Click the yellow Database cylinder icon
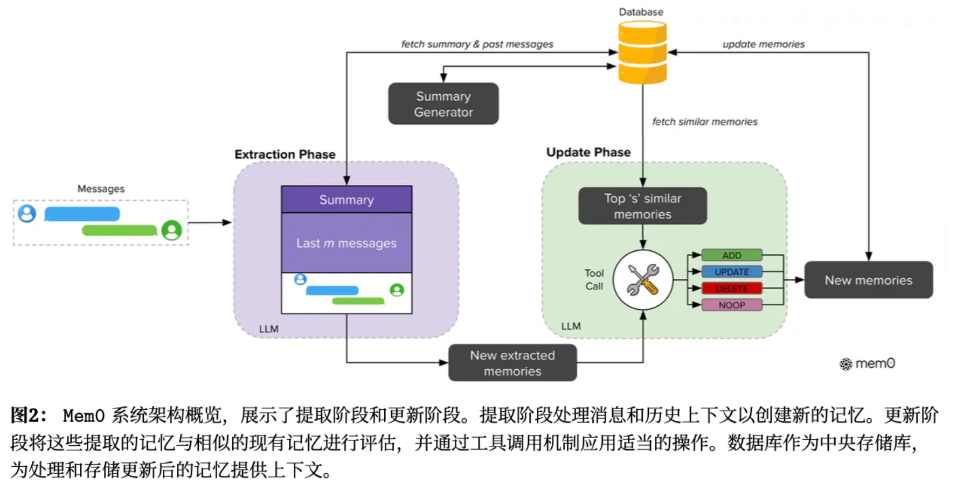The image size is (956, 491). (x=642, y=52)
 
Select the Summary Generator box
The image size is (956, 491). (x=443, y=104)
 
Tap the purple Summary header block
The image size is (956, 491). (x=347, y=200)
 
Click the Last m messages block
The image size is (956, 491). (x=347, y=243)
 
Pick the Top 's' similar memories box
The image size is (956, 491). (x=642, y=206)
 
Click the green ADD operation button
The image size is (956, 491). (x=732, y=255)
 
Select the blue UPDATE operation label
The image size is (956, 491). (x=732, y=272)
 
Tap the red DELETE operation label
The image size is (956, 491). (x=732, y=289)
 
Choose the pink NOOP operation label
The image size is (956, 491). (x=732, y=305)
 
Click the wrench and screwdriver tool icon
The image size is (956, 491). (x=643, y=280)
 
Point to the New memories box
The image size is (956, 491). (x=868, y=280)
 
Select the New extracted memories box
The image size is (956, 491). (x=512, y=363)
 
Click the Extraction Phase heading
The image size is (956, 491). (x=285, y=155)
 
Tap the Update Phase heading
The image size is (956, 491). (x=588, y=152)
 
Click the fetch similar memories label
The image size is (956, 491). (x=704, y=122)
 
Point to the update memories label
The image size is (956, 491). (x=763, y=44)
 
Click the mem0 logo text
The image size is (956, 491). (x=874, y=363)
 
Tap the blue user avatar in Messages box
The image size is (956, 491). (x=27, y=214)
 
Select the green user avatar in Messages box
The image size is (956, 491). (x=172, y=230)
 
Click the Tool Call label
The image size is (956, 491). (x=594, y=280)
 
